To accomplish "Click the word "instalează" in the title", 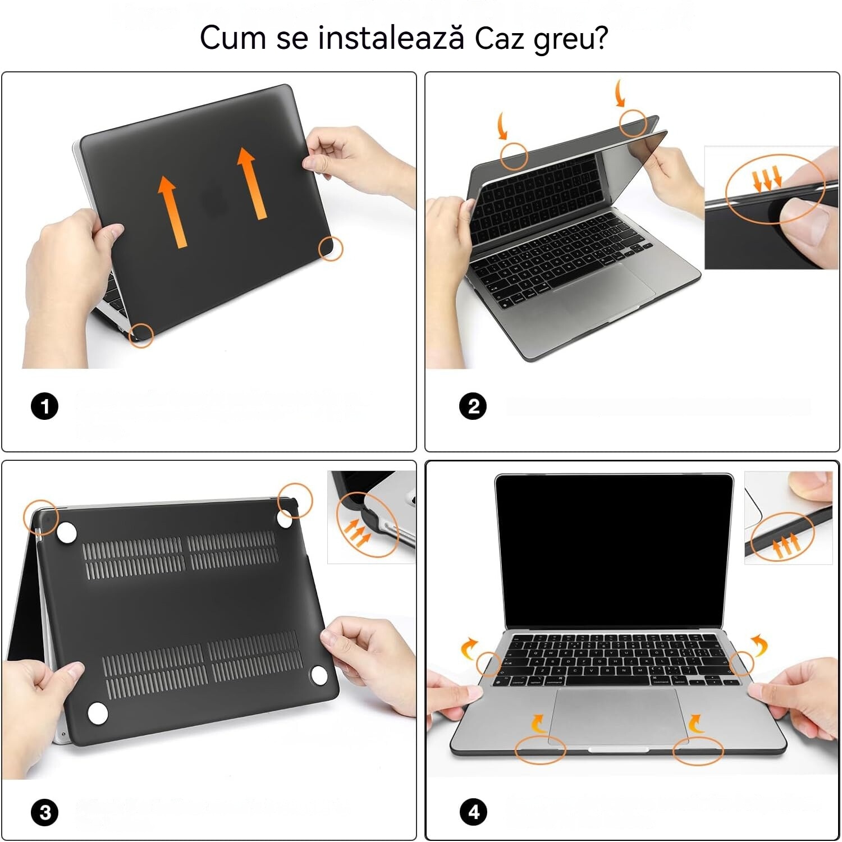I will pos(391,38).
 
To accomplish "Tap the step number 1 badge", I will pos(44,406).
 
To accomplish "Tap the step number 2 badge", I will pos(473,406).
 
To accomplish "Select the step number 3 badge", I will pos(45,812).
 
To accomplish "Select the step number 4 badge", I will pos(473,812).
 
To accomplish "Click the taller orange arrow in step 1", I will pos(250,182).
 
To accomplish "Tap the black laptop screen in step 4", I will pos(614,550).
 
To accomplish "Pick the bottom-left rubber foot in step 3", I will pos(98,713).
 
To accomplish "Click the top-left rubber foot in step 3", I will pos(67,533).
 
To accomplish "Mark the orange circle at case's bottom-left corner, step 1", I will pos(141,335).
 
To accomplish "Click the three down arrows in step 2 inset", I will pos(767,179).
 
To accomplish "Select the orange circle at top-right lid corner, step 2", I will pos(633,122).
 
